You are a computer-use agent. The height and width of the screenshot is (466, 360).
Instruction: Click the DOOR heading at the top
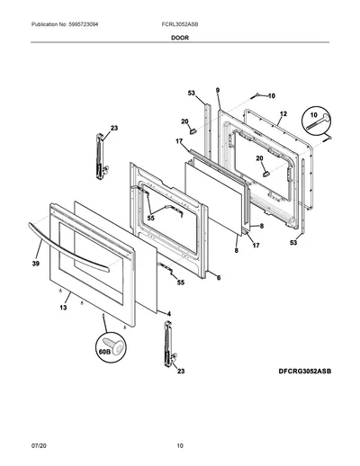180,38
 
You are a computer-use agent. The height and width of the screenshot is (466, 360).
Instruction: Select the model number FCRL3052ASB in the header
180,24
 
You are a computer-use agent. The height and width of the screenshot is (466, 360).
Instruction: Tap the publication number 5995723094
83,24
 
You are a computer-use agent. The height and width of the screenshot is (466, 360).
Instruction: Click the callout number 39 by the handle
36,264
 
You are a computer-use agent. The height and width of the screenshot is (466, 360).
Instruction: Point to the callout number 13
63,308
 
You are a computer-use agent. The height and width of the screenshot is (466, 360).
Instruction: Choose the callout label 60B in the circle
104,352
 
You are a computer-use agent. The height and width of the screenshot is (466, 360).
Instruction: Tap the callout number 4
169,314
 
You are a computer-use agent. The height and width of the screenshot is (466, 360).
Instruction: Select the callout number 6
219,278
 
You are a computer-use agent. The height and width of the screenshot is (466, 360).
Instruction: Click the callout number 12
283,114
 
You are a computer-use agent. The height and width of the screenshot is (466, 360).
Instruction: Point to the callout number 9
218,90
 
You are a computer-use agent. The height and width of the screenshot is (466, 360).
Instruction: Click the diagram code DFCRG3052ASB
305,372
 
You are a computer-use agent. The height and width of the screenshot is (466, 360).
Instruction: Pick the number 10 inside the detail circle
313,115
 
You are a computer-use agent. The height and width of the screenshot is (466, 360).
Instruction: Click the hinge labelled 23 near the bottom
168,344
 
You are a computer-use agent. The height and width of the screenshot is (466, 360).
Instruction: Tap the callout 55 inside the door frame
151,219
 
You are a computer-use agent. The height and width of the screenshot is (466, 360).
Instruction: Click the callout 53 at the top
192,94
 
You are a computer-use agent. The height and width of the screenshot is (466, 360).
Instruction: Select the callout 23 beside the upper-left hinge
114,128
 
